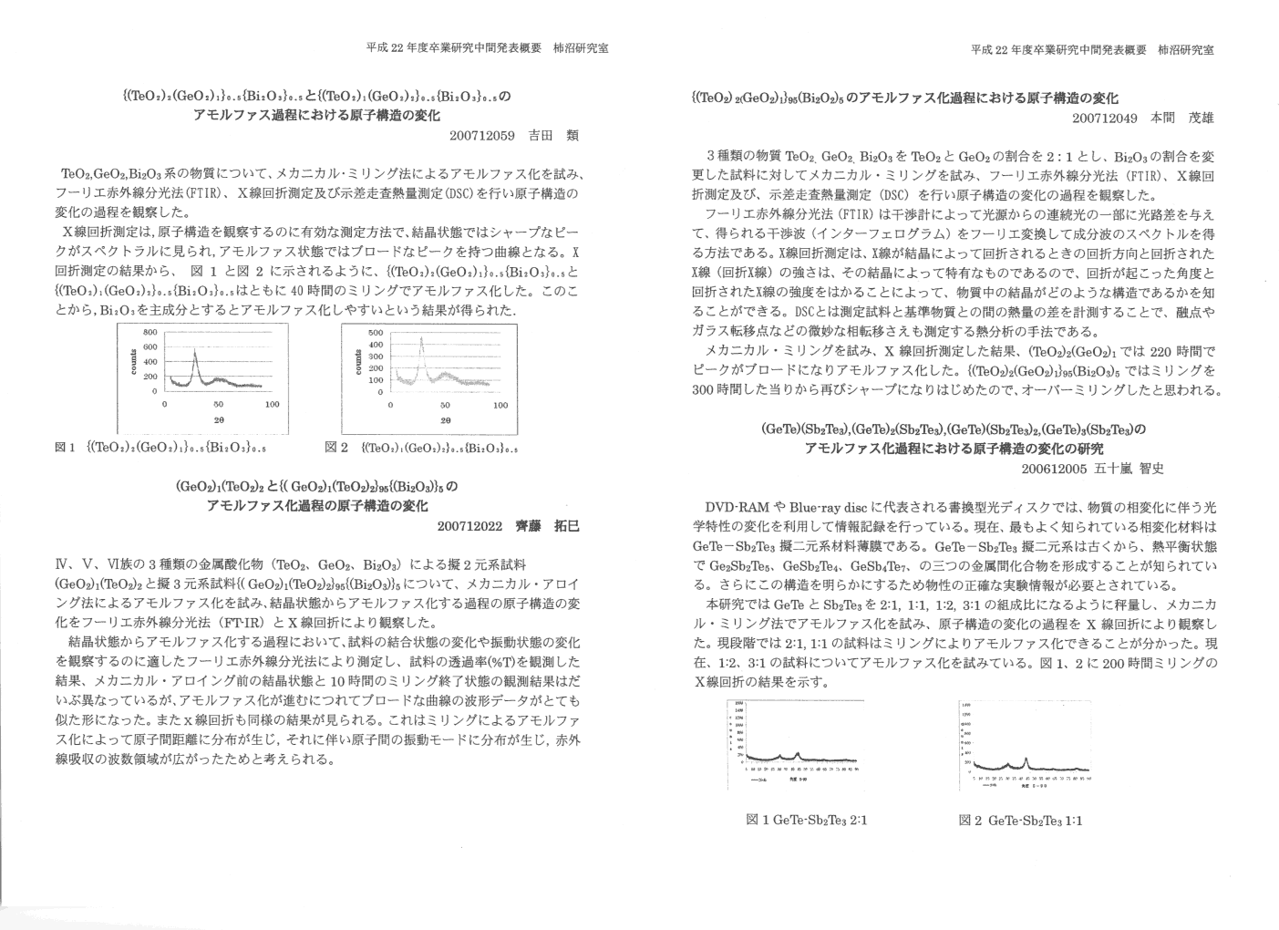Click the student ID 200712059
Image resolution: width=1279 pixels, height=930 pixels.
coord(482,136)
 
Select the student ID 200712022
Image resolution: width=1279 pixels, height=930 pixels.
coord(469,526)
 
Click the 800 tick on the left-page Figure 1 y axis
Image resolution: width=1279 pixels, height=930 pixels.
coord(150,332)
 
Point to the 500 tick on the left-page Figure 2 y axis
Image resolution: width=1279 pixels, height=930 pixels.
coord(376,333)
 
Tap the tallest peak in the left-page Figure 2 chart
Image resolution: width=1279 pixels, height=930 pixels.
coord(421,339)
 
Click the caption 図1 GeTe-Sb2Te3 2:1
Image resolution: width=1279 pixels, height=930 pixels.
coord(807,820)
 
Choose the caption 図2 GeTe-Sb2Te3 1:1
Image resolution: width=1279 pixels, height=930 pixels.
coord(1020,820)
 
